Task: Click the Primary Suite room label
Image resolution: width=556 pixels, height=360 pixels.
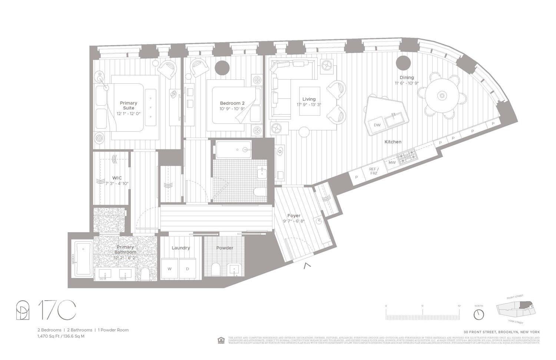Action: [128, 105]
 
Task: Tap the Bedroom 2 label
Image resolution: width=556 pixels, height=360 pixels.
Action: [232, 103]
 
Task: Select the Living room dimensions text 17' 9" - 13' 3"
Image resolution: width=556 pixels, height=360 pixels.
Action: [309, 105]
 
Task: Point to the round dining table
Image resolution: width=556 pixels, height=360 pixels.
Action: [441, 96]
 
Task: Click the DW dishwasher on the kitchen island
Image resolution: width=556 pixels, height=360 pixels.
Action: [377, 125]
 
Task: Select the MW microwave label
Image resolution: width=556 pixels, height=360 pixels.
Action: [392, 162]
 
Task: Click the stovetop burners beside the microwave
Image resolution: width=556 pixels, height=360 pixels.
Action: [407, 156]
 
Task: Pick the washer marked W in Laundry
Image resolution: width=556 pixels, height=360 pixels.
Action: [169, 269]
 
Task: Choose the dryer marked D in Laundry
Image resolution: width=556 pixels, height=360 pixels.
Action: [188, 269]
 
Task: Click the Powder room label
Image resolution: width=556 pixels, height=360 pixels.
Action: [225, 248]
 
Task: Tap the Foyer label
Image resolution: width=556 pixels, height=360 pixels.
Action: [294, 215]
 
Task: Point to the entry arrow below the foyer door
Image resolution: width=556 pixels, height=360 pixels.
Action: [306, 265]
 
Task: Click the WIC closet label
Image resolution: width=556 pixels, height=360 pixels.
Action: [117, 178]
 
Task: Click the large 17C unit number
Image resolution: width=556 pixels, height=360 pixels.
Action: [57, 310]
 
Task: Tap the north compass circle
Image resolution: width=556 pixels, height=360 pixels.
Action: [479, 314]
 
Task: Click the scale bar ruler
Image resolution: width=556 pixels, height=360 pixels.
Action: [423, 315]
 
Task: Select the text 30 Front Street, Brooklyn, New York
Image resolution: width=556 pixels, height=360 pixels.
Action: [502, 332]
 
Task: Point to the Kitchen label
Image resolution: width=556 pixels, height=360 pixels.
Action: [393, 142]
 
